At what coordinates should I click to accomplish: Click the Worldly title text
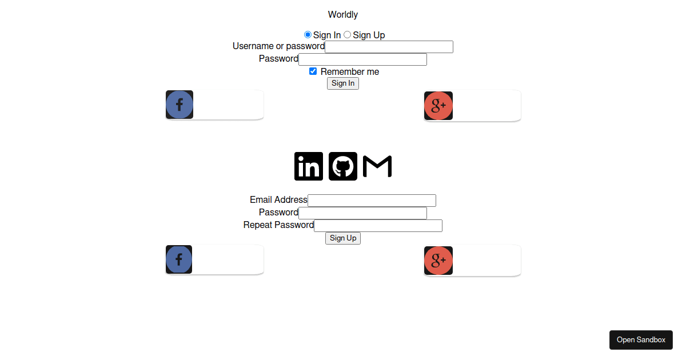tap(343, 14)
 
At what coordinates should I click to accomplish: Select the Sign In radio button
tap(308, 35)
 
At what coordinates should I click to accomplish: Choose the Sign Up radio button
tap(347, 35)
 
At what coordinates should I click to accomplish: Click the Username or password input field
tap(389, 47)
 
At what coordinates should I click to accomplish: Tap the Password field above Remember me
tap(362, 59)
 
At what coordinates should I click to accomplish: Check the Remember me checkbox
tap(313, 71)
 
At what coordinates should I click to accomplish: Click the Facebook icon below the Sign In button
tap(180, 105)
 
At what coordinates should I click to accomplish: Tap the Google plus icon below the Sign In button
tap(438, 106)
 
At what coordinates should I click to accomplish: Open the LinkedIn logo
tap(309, 166)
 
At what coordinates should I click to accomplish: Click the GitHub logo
tap(343, 166)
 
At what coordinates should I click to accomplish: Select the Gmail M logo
tap(377, 166)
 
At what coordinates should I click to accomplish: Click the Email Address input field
tap(372, 201)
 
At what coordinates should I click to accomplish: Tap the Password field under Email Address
tap(362, 213)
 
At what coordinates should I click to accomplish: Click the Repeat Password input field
tap(378, 226)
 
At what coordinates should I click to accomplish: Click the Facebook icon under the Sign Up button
tap(179, 259)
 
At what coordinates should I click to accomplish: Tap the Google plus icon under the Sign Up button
tap(438, 261)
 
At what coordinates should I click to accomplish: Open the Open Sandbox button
tap(641, 340)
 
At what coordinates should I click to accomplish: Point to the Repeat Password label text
tap(278, 225)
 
